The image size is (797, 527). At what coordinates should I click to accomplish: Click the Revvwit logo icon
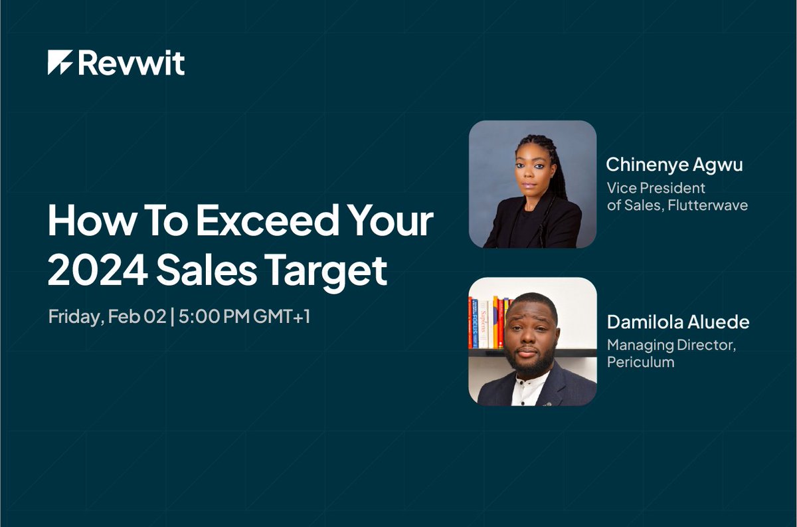pyautogui.click(x=60, y=62)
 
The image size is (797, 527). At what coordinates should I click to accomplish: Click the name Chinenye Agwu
pyautogui.click(x=674, y=165)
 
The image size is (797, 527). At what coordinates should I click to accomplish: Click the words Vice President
pyautogui.click(x=656, y=189)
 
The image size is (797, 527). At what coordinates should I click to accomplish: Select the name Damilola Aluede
pyautogui.click(x=677, y=322)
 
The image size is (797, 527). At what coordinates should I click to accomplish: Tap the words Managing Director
pyautogui.click(x=671, y=346)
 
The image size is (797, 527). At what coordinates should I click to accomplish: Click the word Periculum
pyautogui.click(x=640, y=362)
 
